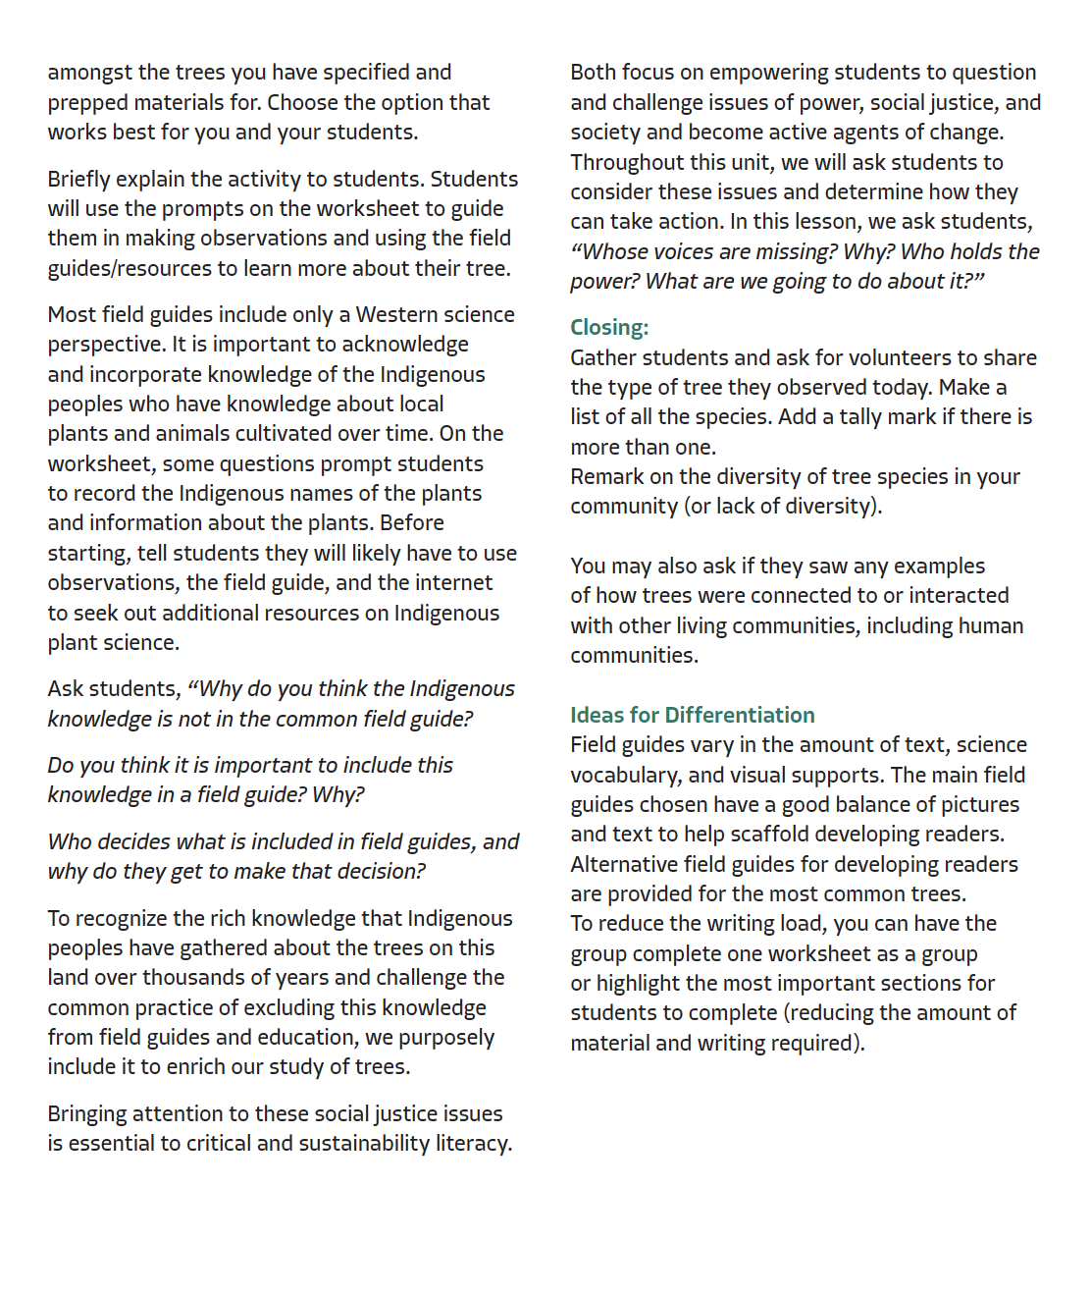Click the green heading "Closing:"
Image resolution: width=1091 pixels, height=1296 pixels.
tap(609, 328)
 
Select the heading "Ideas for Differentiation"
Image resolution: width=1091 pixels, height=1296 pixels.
tap(692, 715)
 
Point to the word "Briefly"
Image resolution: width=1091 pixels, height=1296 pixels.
tap(79, 180)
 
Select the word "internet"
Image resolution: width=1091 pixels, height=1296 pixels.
tap(450, 583)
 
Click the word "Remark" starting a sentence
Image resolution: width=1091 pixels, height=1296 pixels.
tap(606, 477)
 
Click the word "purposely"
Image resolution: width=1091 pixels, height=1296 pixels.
tap(448, 1038)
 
